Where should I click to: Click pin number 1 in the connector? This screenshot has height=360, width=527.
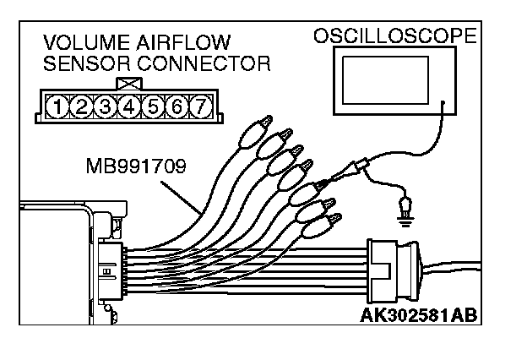coord(57,106)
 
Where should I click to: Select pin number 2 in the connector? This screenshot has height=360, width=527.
coord(80,106)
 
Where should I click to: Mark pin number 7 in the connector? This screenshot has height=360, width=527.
coord(199,106)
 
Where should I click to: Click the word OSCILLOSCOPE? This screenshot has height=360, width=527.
coord(395,36)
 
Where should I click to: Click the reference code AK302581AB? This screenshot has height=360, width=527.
coord(419,314)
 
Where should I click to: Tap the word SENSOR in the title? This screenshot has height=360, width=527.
coord(83,63)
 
